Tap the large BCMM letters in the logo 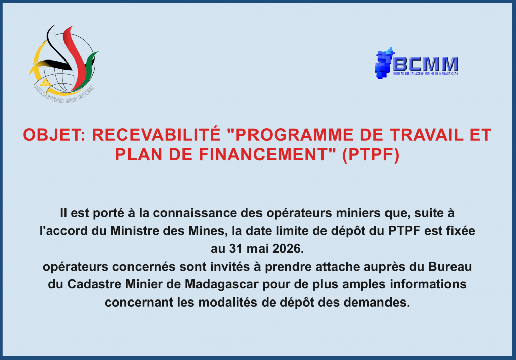pos(425,64)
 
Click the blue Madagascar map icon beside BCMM pos(384,63)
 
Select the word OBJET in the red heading pos(52,135)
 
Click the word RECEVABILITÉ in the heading pos(156,135)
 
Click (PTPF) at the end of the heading pos(370,155)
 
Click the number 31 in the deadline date pos(236,249)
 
